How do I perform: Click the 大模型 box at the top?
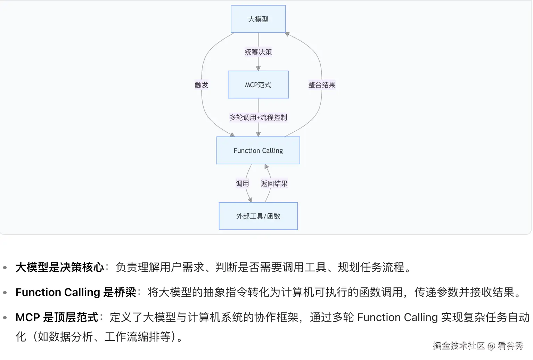[x=258, y=19]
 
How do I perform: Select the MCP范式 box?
[x=258, y=85]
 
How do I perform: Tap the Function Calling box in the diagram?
[x=258, y=150]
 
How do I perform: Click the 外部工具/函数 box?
[x=258, y=216]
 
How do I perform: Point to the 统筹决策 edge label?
[x=258, y=52]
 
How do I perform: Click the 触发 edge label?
[x=201, y=85]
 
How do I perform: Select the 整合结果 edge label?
[x=322, y=85]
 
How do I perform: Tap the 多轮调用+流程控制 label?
[x=258, y=117]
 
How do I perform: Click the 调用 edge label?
[x=242, y=183]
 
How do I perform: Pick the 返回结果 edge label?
[x=274, y=183]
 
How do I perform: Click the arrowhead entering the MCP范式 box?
[x=258, y=68]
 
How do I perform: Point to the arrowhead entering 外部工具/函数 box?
[x=249, y=200]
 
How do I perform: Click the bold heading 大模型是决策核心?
[x=60, y=267]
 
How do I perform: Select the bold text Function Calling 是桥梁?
[x=76, y=292]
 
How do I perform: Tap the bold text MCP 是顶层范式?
[x=57, y=317]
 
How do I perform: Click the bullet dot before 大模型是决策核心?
[x=5, y=268]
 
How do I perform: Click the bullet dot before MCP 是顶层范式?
[x=5, y=318]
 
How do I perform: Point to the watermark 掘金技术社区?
[x=459, y=345]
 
